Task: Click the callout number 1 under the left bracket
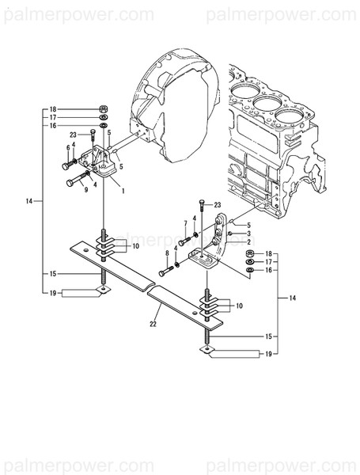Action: pyautogui.click(x=123, y=191)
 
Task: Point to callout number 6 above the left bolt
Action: pyautogui.click(x=68, y=147)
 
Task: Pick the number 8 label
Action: pyautogui.click(x=167, y=253)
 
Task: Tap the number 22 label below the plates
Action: pyautogui.click(x=153, y=322)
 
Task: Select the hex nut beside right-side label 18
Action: pyautogui.click(x=250, y=253)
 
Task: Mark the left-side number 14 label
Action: pyautogui.click(x=28, y=202)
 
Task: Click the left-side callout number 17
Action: pyautogui.click(x=53, y=116)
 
